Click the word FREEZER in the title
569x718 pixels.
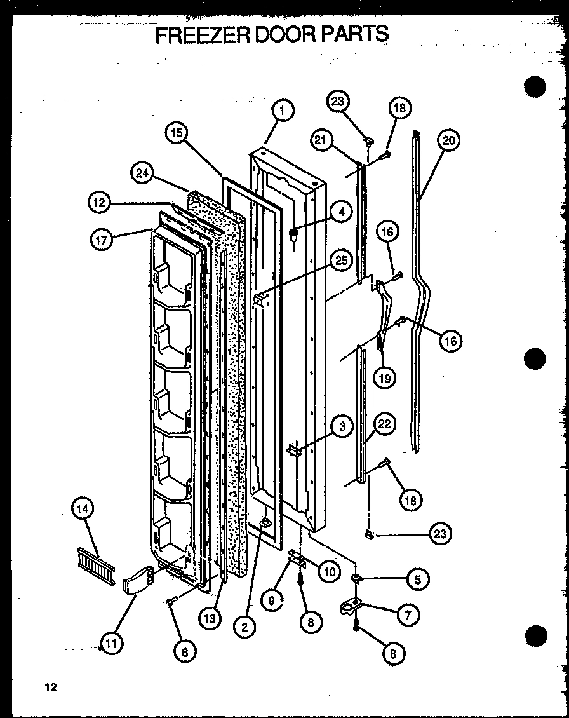[x=202, y=34]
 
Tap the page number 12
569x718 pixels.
[x=51, y=686]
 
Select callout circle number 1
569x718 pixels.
[x=283, y=111]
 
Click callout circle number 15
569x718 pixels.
[x=177, y=133]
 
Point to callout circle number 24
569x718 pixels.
[x=143, y=173]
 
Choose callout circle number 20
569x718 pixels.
[x=449, y=140]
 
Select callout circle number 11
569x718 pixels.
[x=112, y=644]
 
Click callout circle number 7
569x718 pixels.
[x=407, y=614]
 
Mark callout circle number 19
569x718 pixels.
[x=385, y=377]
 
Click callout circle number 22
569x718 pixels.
[x=385, y=424]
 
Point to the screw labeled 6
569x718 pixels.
[x=172, y=602]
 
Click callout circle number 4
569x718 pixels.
[x=341, y=212]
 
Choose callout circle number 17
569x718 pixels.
[x=102, y=240]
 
